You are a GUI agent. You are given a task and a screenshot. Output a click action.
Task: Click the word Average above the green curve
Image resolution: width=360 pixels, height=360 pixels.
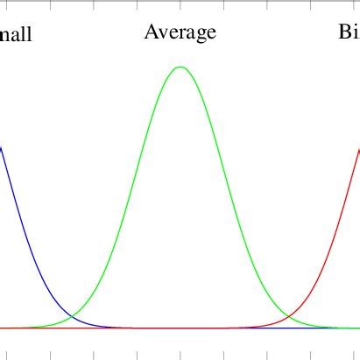pos(180,33)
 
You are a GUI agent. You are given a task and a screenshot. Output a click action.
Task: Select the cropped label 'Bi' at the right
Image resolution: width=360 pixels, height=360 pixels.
pos(349,33)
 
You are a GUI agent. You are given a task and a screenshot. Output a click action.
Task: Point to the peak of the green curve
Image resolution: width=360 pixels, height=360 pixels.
pos(180,67)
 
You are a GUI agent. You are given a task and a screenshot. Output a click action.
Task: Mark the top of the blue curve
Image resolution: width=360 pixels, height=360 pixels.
pos(2,146)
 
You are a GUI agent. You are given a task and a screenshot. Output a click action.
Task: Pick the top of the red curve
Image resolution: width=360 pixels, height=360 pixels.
pos(358,148)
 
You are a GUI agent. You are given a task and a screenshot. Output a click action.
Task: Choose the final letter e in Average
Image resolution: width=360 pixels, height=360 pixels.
pos(211,35)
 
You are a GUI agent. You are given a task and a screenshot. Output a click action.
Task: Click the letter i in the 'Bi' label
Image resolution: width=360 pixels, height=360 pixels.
pos(356,33)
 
